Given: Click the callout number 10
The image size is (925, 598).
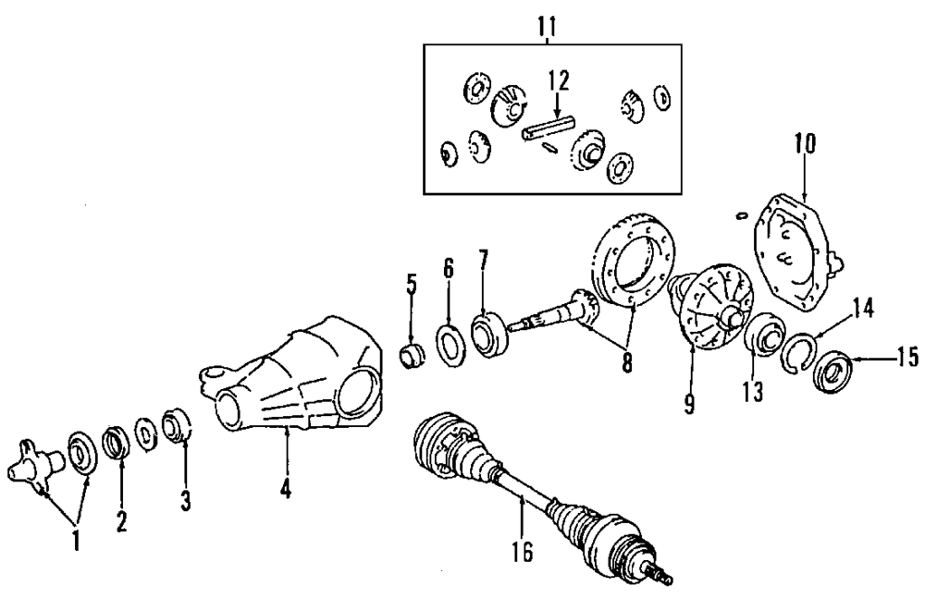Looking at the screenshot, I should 804,144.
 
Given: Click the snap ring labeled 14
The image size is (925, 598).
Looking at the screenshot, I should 798,352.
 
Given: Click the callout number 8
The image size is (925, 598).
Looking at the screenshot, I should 627,363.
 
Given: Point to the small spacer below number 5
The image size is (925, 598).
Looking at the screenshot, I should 411,354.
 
